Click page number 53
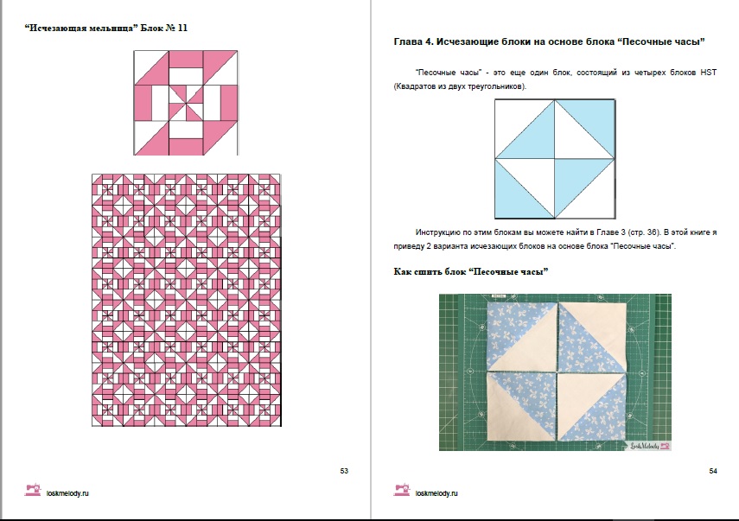coord(344,471)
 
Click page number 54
coord(713,471)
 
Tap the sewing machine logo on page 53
coord(33,490)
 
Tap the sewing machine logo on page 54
coord(402,490)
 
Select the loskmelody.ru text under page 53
coord(67,493)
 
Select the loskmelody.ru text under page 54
coord(436,493)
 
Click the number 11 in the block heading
coord(183,28)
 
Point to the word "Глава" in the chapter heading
coord(407,41)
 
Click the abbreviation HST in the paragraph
coord(709,73)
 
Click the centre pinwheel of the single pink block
coord(186,103)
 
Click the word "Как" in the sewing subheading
coord(402,272)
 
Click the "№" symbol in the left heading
coord(170,28)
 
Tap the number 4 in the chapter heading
coord(428,41)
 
